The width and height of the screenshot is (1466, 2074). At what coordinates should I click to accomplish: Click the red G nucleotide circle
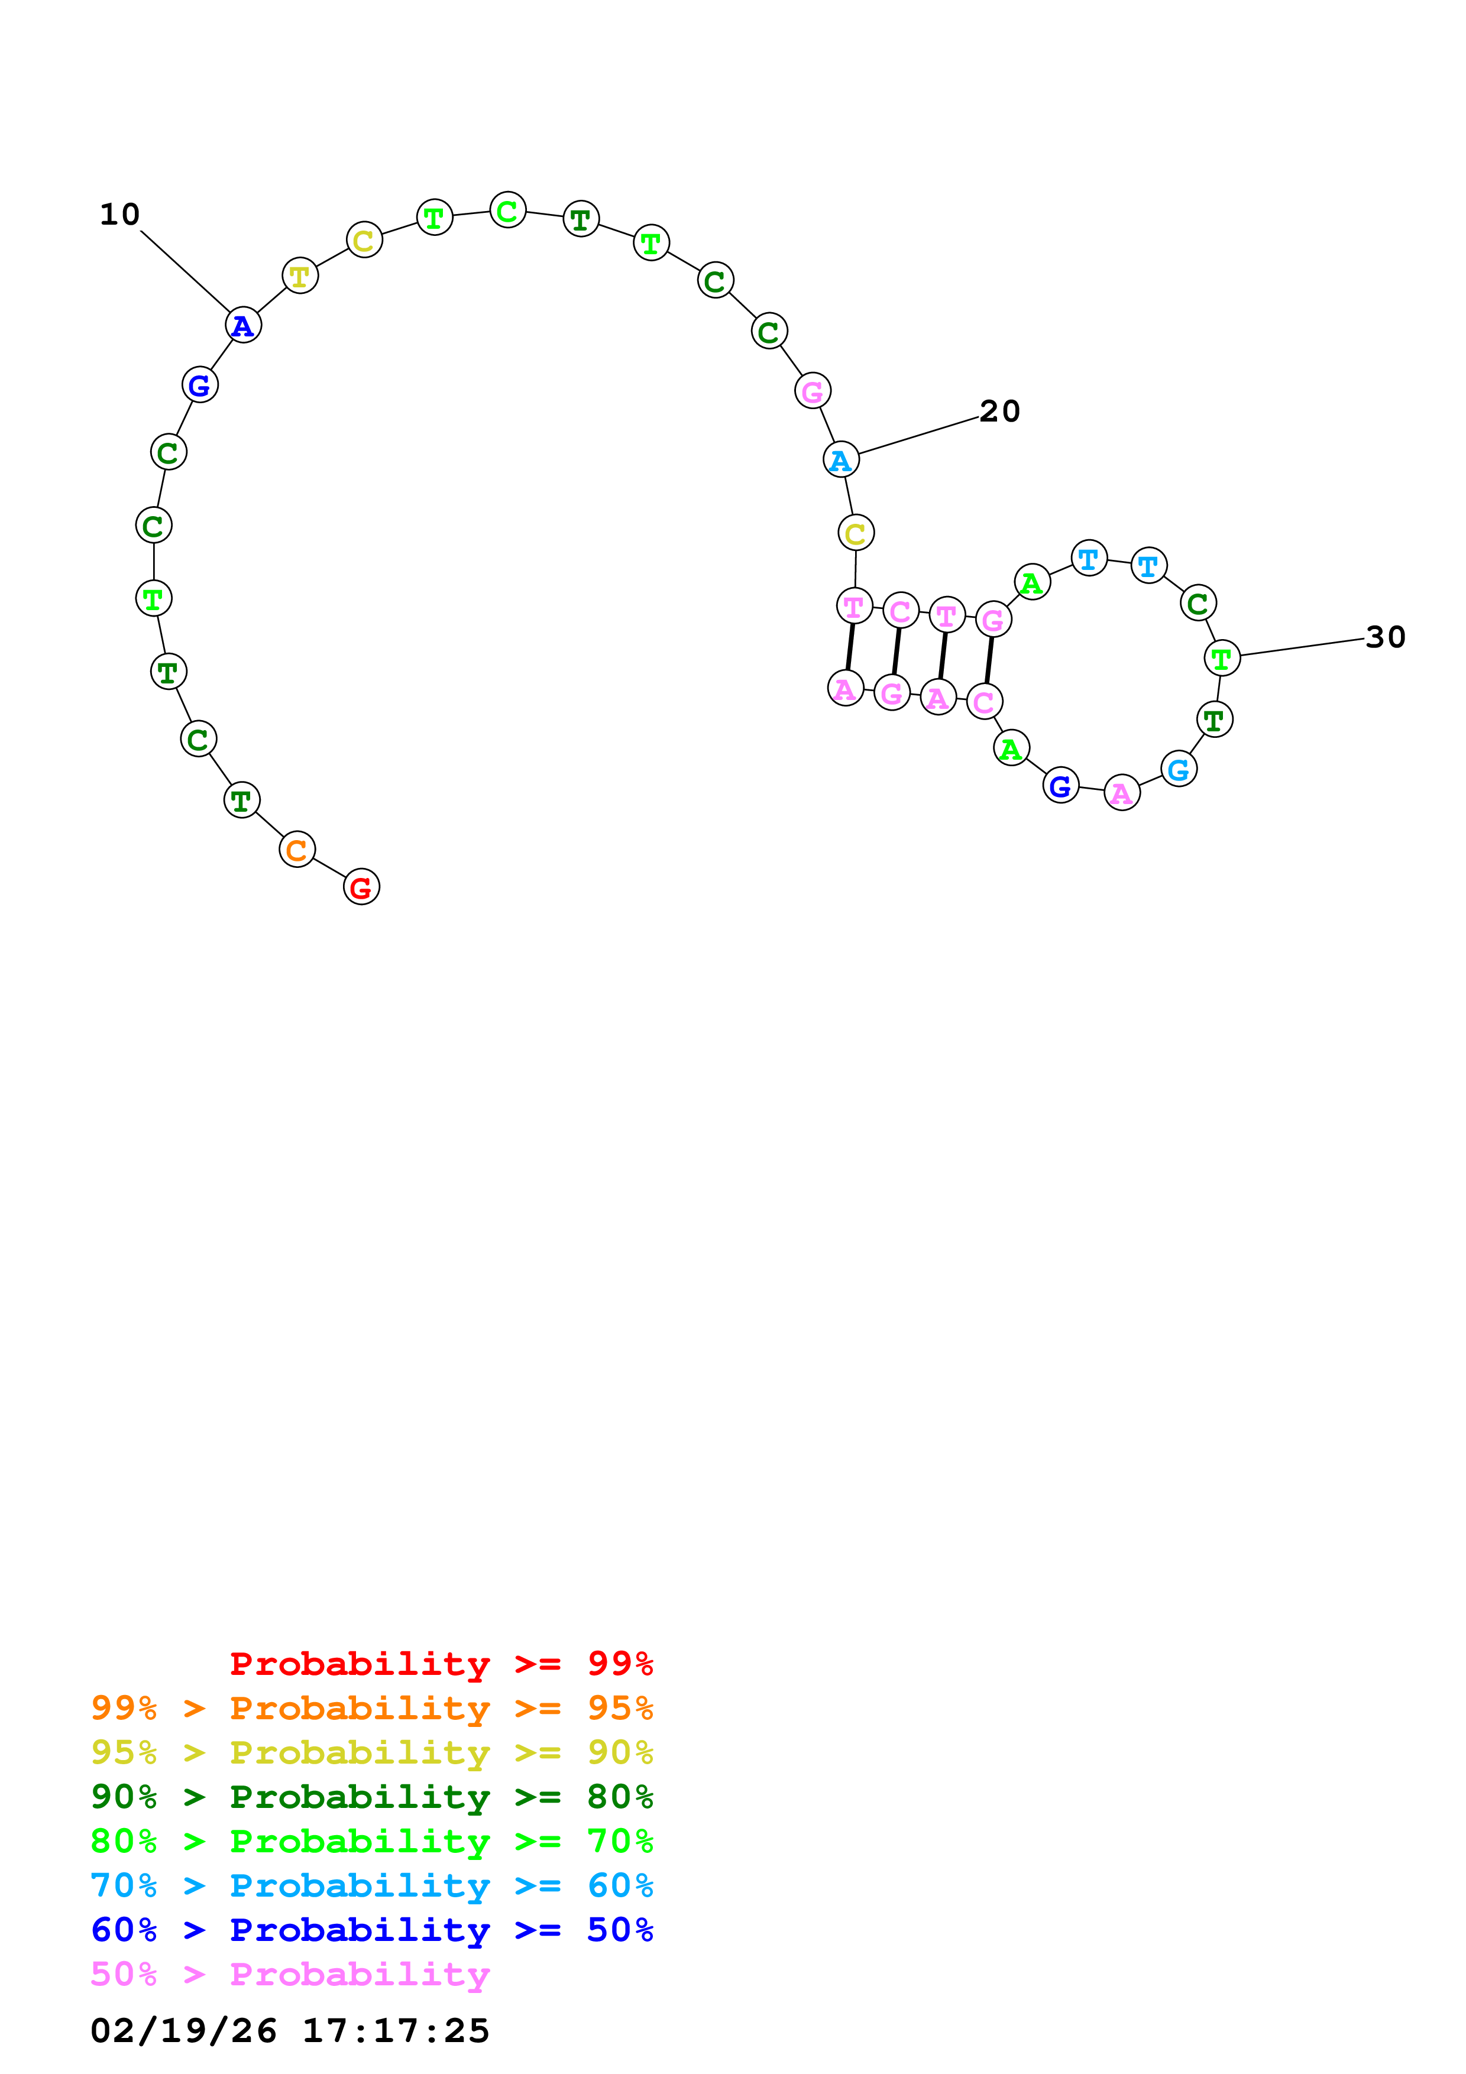[x=361, y=886]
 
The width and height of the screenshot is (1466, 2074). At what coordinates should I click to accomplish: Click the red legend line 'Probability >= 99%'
[x=441, y=1663]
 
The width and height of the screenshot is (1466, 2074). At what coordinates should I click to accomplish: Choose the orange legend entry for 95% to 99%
[x=371, y=1707]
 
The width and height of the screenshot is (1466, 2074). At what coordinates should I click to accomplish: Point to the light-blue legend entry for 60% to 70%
[x=371, y=1885]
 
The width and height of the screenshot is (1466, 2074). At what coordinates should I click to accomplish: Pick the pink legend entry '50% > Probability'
[x=290, y=1973]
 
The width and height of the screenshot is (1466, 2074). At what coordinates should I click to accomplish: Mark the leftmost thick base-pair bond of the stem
[x=850, y=647]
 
